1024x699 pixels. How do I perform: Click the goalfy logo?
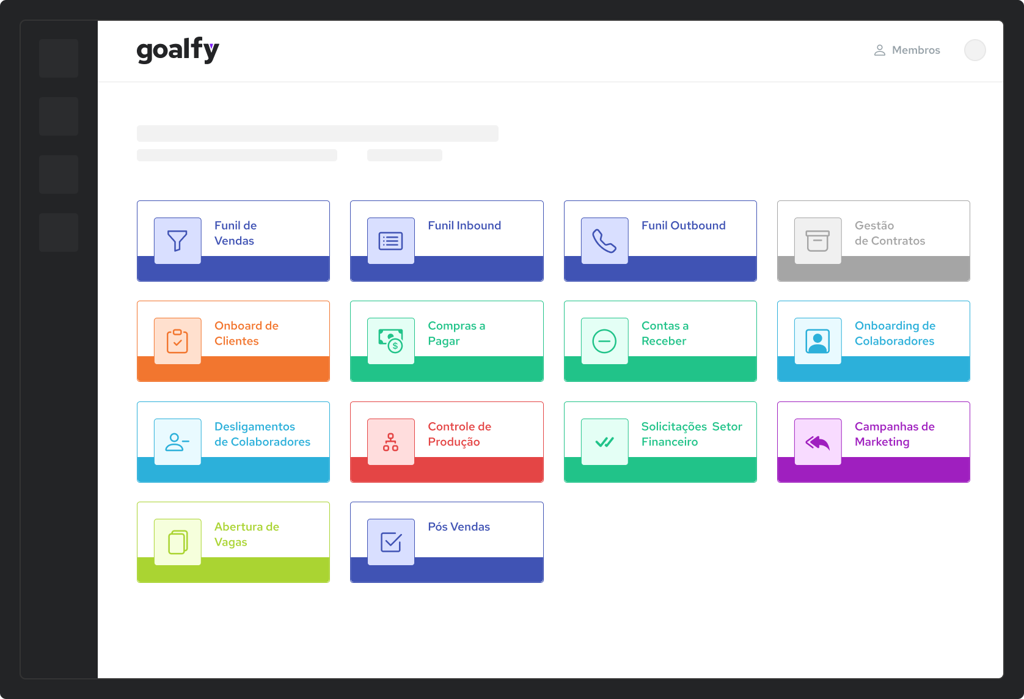[x=178, y=50]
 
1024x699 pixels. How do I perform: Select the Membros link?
[x=916, y=50]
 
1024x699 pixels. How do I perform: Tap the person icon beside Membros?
[x=880, y=50]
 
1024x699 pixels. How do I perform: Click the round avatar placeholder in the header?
[x=975, y=50]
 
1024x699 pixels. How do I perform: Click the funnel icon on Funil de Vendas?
[x=177, y=241]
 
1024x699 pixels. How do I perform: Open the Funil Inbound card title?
[x=464, y=225]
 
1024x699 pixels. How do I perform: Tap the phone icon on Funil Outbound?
[x=604, y=241]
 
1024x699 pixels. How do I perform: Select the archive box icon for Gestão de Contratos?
[x=818, y=241]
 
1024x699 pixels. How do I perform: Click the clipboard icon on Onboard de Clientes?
[x=177, y=341]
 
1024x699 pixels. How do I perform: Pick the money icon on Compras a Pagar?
[x=391, y=341]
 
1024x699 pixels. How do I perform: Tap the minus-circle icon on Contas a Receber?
[x=604, y=341]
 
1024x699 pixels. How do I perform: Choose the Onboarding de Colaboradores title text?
[x=895, y=333]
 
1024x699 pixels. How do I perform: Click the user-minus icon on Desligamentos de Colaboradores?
[x=177, y=442]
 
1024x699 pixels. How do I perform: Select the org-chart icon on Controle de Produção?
[x=391, y=442]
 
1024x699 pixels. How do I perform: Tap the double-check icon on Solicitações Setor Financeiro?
[x=604, y=442]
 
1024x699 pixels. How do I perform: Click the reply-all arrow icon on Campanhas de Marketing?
[x=818, y=442]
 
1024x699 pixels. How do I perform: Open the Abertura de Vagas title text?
[x=247, y=534]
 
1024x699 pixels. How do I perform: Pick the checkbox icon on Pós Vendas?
[x=391, y=542]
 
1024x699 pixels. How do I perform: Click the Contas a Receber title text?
[x=665, y=333]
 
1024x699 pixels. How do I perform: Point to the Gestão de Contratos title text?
[x=890, y=233]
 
